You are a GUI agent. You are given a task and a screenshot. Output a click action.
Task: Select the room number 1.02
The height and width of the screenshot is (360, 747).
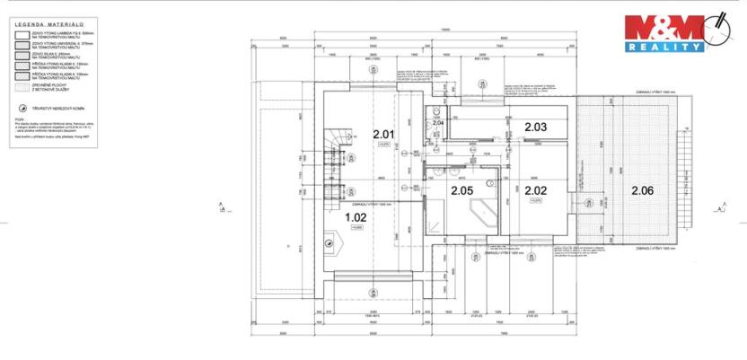click(x=356, y=216)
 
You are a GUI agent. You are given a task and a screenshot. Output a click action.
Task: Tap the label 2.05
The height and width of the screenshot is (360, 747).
click(x=461, y=190)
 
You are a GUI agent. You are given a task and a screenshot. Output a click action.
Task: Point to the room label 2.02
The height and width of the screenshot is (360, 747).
click(x=535, y=190)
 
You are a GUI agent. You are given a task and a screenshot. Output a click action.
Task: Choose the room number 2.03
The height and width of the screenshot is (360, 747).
click(x=535, y=127)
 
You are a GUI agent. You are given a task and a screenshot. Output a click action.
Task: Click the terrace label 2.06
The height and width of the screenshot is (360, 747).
click(x=642, y=189)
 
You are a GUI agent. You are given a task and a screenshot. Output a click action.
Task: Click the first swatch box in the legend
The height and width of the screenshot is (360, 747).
click(x=22, y=34)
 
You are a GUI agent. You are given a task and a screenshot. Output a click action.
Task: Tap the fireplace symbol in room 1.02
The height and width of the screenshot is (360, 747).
click(x=330, y=240)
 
